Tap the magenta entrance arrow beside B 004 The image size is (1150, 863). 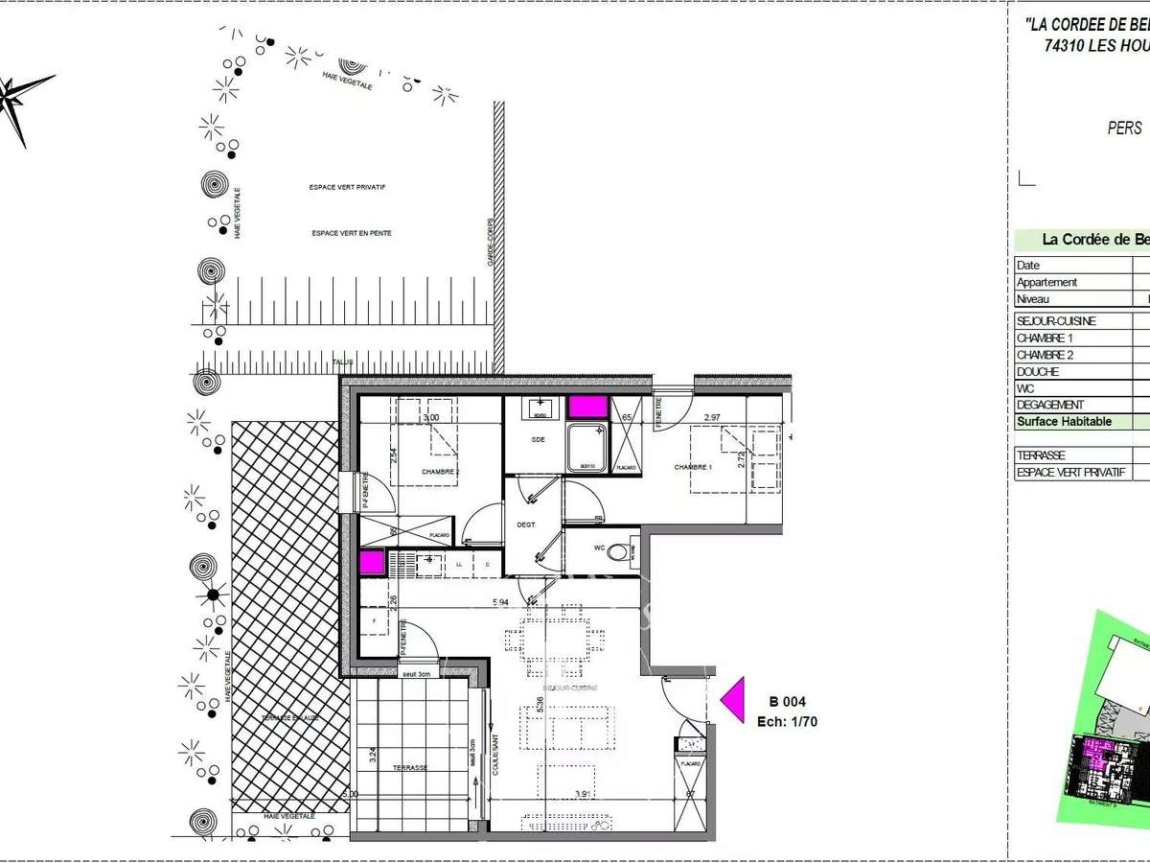734,699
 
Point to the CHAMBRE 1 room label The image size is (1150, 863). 693,467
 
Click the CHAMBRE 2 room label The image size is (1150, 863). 440,472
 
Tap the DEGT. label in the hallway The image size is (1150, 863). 525,525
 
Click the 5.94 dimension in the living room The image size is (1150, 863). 501,602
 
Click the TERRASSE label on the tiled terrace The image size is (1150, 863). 409,768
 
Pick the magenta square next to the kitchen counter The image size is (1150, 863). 371,561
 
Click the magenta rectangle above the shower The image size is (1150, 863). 587,407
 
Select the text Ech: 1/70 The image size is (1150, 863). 787,722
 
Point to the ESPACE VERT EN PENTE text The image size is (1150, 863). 351,233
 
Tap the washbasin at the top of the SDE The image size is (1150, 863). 540,409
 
